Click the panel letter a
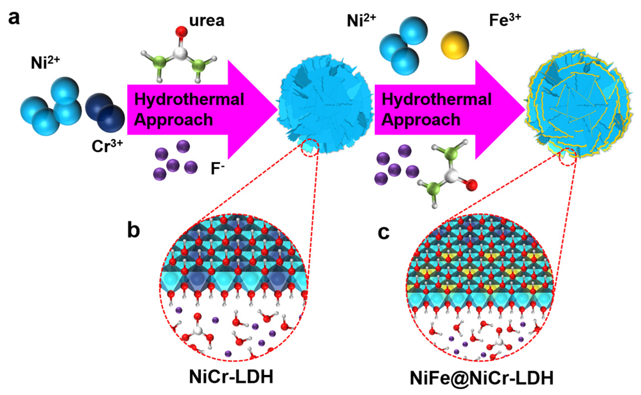pyautogui.click(x=14, y=18)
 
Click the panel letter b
pyautogui.click(x=134, y=230)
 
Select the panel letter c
pyautogui.click(x=383, y=232)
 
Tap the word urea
pyautogui.click(x=207, y=21)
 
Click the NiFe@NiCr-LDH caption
pyautogui.click(x=481, y=378)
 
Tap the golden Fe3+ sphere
pyautogui.click(x=455, y=45)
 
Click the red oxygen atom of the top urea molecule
pyautogui.click(x=181, y=32)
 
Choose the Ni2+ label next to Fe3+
pyautogui.click(x=361, y=20)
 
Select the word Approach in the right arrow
pyautogui.click(x=421, y=120)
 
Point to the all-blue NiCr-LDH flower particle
pyautogui.click(x=325, y=104)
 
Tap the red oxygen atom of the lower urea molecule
pyautogui.click(x=471, y=185)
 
